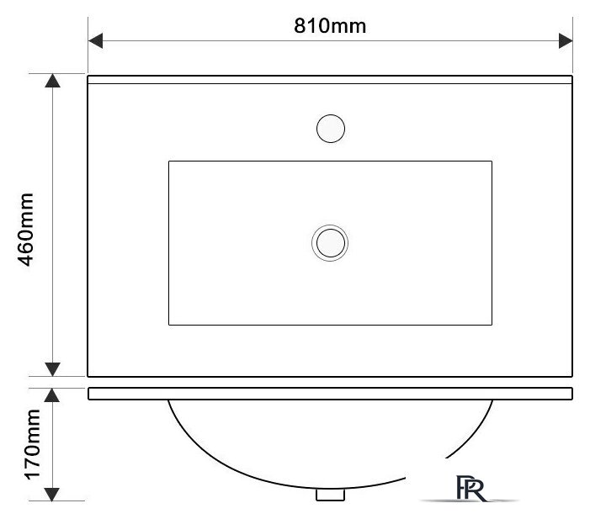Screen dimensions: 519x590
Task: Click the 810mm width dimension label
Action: tap(330, 25)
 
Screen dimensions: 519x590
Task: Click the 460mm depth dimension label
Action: tap(26, 229)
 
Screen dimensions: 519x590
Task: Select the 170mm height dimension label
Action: tap(32, 444)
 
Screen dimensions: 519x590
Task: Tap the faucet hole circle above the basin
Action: tap(330, 129)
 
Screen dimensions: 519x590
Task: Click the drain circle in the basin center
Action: tap(330, 243)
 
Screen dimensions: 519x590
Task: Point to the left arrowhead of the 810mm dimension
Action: tap(96, 40)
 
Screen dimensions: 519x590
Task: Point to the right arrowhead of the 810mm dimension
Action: tap(566, 40)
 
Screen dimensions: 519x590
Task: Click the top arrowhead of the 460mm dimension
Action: tap(52, 81)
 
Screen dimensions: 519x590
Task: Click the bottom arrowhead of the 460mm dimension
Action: tap(52, 369)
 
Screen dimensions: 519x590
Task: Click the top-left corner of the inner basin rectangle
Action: tap(169, 161)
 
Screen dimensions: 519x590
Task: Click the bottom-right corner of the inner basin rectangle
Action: tap(492, 325)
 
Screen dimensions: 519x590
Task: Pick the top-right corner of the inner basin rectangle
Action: tap(492, 161)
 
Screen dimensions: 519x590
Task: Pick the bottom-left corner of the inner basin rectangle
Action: tap(169, 325)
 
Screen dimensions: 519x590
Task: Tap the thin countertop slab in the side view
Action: tap(330, 393)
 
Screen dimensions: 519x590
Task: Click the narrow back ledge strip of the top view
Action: tap(330, 79)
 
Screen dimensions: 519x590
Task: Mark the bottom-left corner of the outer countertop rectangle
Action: tap(89, 376)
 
